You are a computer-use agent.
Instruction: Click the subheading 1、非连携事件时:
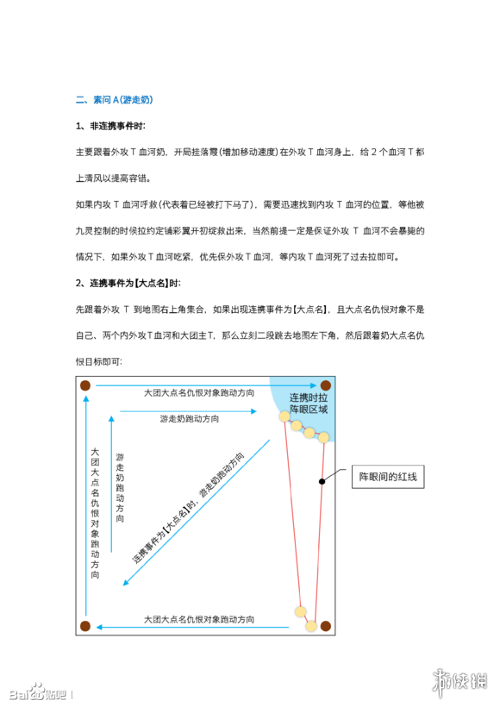[110, 127]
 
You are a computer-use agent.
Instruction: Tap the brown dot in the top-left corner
[85, 385]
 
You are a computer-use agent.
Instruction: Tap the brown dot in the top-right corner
[325, 385]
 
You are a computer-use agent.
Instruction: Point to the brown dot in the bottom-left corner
[85, 626]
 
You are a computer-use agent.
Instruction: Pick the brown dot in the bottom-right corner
[325, 626]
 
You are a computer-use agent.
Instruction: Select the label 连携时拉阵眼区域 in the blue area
[309, 404]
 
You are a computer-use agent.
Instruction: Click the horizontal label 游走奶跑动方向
[189, 418]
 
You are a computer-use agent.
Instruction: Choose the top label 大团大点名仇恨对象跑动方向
[199, 392]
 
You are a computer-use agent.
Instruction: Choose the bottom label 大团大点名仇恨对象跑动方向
[199, 619]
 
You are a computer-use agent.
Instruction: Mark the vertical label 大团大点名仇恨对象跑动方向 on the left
[95, 512]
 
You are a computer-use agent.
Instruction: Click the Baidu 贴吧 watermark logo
[38, 691]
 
